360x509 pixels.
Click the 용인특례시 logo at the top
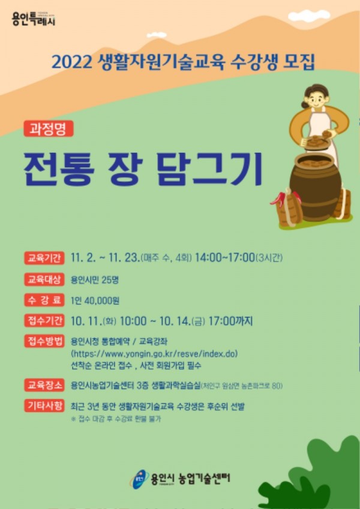(x=34, y=19)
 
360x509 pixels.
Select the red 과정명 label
(x=47, y=128)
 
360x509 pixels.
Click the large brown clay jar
(x=315, y=186)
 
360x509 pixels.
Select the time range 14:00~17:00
(x=223, y=258)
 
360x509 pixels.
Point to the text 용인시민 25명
(x=94, y=279)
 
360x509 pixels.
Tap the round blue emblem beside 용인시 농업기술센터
(x=140, y=478)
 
